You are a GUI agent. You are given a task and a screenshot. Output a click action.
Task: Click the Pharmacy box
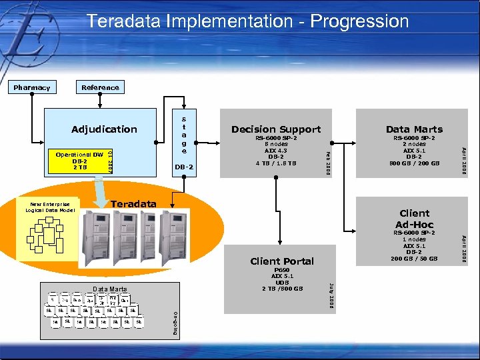[x=31, y=87]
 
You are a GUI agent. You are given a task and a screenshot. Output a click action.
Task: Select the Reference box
[x=100, y=87]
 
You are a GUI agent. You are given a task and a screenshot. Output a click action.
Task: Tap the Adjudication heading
[x=104, y=129]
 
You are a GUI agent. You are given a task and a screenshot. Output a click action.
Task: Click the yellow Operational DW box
[x=79, y=161]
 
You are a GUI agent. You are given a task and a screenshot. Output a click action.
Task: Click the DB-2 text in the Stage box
[x=183, y=167]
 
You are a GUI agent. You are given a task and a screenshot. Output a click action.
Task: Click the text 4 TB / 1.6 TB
[x=275, y=163]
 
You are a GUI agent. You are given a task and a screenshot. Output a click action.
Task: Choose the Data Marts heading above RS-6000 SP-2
[x=414, y=129]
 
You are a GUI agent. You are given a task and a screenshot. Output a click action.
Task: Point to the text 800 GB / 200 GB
[x=414, y=163]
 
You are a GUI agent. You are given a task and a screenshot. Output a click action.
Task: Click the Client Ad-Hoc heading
[x=414, y=219]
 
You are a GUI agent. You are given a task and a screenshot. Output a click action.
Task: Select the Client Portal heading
[x=281, y=261]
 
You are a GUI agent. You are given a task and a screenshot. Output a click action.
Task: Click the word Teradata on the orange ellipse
[x=133, y=204]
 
